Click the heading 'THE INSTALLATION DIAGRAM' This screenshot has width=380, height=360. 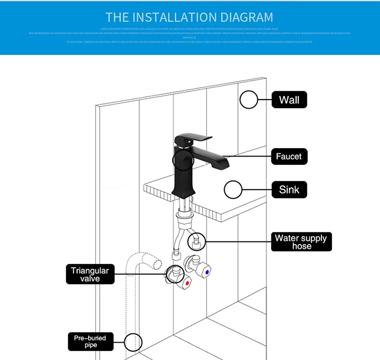(189, 17)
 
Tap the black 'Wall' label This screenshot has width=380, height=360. (289, 100)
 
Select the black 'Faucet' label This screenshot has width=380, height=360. (289, 157)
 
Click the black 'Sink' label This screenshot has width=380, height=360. (289, 189)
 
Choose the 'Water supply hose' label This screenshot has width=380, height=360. (300, 241)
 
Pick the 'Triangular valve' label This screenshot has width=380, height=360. (90, 274)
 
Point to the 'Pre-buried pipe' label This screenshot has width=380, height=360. (90, 341)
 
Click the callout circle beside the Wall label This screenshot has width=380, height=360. (249, 100)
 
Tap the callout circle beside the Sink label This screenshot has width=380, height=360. (233, 189)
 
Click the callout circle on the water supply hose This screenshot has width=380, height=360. (197, 241)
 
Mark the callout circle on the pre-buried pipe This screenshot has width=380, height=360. (134, 342)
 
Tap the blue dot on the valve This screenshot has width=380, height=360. (207, 273)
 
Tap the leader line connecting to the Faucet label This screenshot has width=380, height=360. (248, 157)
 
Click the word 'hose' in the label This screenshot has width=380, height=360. (301, 246)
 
